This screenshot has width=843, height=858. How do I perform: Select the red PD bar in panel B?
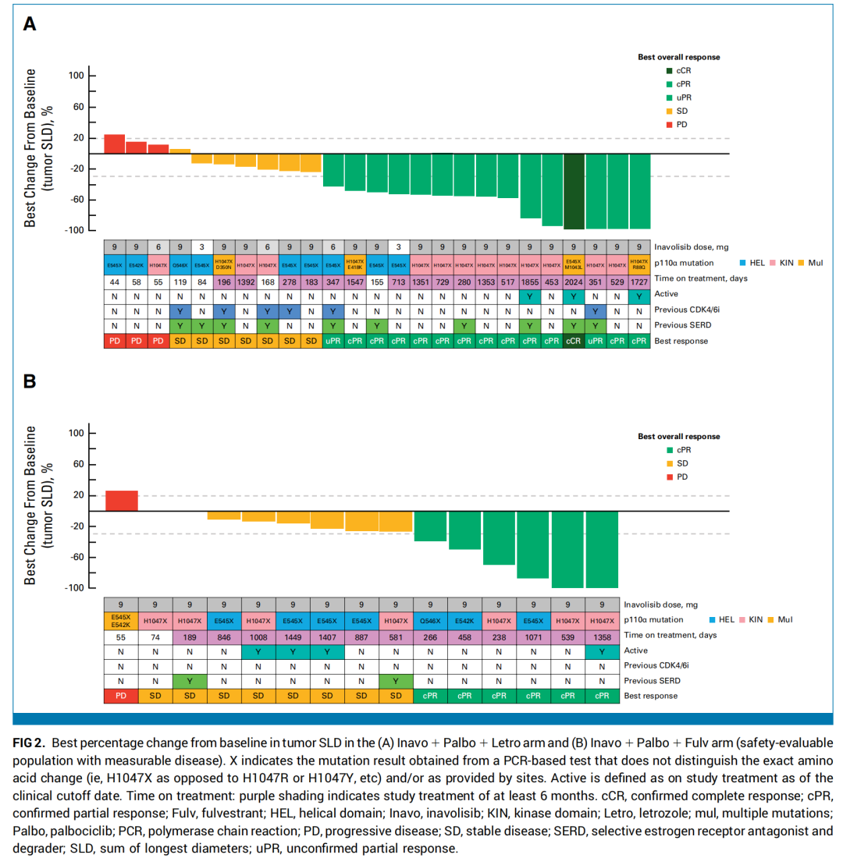click(x=121, y=501)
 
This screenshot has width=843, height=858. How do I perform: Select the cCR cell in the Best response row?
click(x=574, y=341)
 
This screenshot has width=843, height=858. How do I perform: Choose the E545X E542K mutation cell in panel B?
click(x=121, y=619)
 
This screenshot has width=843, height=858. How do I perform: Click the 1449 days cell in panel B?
click(x=292, y=636)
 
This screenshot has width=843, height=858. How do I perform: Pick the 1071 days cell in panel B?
click(x=532, y=636)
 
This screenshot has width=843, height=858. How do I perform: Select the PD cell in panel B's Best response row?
click(x=121, y=695)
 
